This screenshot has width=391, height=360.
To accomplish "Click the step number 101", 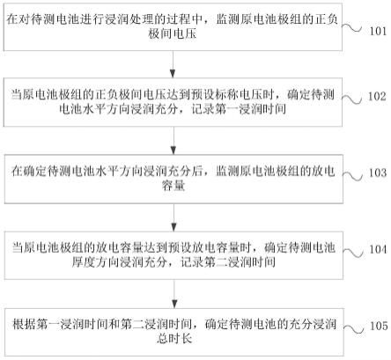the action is coord(378,31).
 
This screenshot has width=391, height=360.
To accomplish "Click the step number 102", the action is coord(377,96).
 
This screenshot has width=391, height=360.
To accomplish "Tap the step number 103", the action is coord(378,173).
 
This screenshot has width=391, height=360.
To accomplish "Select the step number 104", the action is coord(378,249).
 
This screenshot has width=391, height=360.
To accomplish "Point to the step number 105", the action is coord(379,326).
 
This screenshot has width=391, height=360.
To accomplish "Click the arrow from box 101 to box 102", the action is coord(173,64).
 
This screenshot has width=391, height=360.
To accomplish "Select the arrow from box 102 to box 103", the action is coord(173,141).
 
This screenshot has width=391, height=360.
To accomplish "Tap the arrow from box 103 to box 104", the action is coord(173,217).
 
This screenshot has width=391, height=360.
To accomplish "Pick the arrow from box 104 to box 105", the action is coord(174,294).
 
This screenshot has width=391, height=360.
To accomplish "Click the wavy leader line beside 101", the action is coord(352,28).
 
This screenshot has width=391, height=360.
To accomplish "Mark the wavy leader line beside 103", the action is coord(352,176).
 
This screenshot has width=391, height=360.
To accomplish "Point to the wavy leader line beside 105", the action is coord(353,329).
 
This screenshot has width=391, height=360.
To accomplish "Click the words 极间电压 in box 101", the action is coord(173,34).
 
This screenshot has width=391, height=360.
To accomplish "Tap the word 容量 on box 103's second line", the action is coord(173,186).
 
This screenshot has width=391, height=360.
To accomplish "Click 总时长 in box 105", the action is coord(174,339).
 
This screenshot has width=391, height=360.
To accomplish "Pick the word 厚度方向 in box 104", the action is coord(95,262).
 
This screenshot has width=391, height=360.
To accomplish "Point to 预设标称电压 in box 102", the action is coord(227,95).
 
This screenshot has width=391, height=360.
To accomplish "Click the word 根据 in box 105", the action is coord(24,325).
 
